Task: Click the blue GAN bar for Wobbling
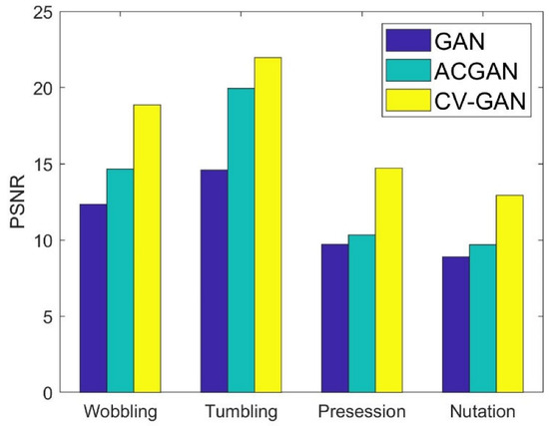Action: (93, 298)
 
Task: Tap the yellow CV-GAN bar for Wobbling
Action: (147, 248)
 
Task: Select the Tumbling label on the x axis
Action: (241, 411)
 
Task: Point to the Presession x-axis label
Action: (361, 411)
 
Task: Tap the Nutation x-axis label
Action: (482, 411)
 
